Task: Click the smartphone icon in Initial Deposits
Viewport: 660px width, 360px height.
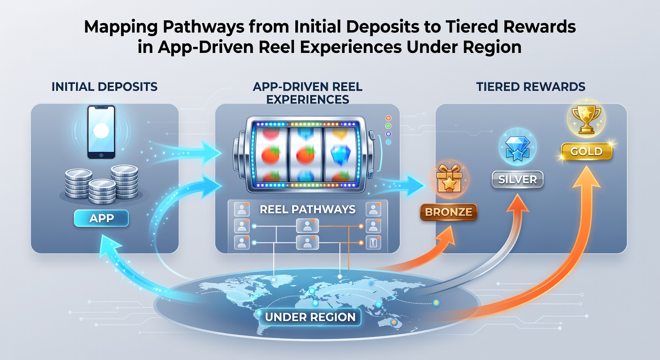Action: tap(101, 132)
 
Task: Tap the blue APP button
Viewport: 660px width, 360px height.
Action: tap(101, 218)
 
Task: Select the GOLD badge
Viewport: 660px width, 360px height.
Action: tap(586, 151)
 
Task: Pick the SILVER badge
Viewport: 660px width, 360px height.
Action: tap(517, 180)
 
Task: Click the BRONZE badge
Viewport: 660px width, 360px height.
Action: tap(449, 212)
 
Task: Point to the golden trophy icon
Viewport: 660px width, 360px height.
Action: tap(586, 119)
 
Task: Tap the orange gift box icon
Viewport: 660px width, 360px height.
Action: tap(449, 179)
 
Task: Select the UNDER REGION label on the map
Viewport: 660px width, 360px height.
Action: tap(310, 317)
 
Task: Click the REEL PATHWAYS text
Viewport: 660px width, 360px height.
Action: tap(307, 209)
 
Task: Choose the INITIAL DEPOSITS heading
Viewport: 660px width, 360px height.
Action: tap(105, 87)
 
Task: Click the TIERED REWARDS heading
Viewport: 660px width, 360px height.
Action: tap(531, 87)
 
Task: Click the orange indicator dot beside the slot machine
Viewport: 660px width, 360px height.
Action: tap(388, 118)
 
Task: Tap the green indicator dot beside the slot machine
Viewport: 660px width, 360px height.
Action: tap(388, 126)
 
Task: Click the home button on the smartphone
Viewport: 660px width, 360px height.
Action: tap(101, 155)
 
